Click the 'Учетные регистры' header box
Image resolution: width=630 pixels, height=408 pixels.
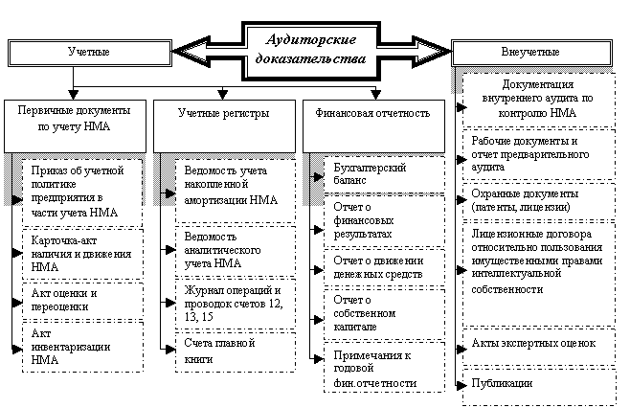(223, 114)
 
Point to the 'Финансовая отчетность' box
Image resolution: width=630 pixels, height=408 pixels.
(372, 114)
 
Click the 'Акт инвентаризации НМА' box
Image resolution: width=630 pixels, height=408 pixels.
(84, 345)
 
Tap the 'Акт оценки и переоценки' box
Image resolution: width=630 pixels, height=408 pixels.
(84, 299)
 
